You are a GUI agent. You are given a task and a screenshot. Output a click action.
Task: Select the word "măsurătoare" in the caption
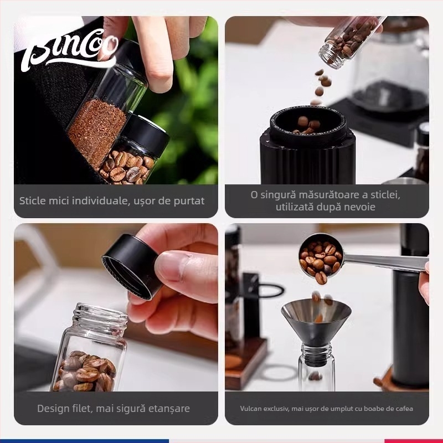[330, 195]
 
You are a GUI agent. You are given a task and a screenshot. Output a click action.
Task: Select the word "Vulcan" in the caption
[253, 409]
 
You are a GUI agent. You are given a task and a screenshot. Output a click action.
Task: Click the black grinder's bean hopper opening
[307, 123]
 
